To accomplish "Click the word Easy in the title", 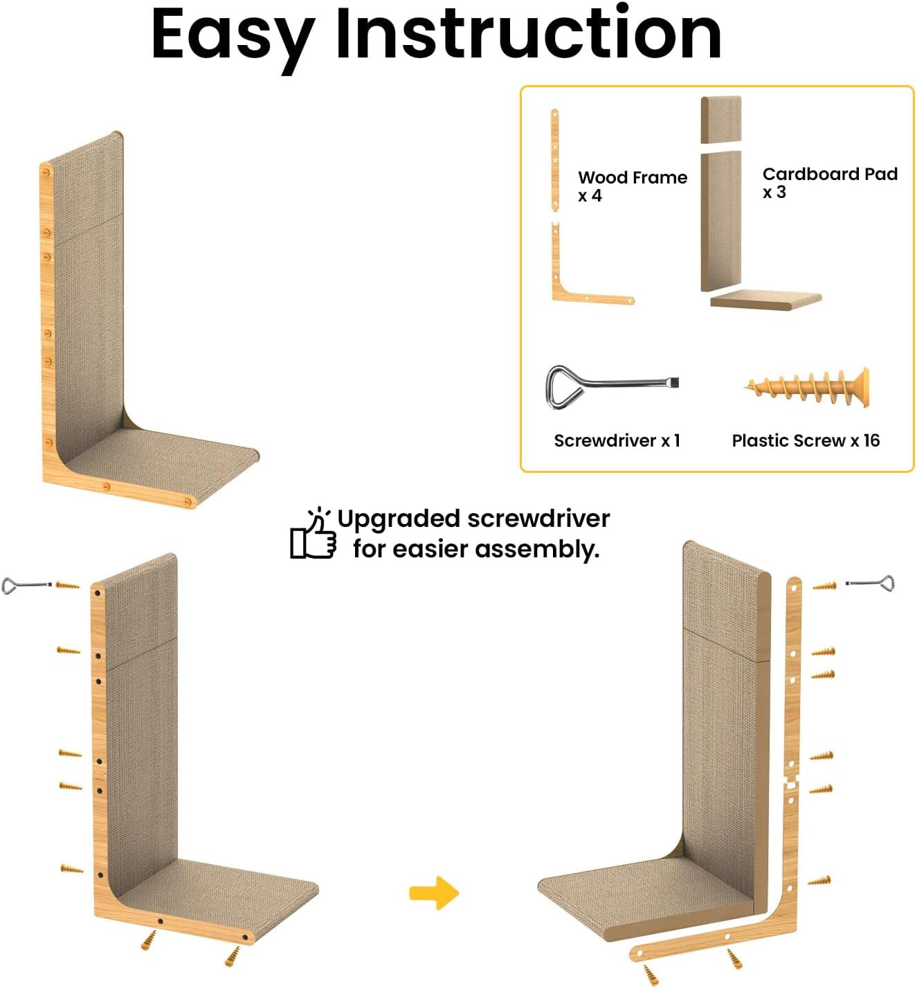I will tap(232, 35).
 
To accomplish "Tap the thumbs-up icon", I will tap(313, 535).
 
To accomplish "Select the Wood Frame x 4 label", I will tap(632, 186).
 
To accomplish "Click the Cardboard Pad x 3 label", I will tap(829, 182).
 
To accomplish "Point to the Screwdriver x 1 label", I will tap(617, 440).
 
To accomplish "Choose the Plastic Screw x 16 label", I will tap(806, 440).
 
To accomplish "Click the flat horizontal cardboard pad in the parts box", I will tap(765, 300).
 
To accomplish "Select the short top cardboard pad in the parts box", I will tap(721, 120).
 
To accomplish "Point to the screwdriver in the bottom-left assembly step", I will tap(26, 586).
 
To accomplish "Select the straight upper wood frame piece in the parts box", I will tap(555, 158).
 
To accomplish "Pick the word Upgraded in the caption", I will tap(398, 519).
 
